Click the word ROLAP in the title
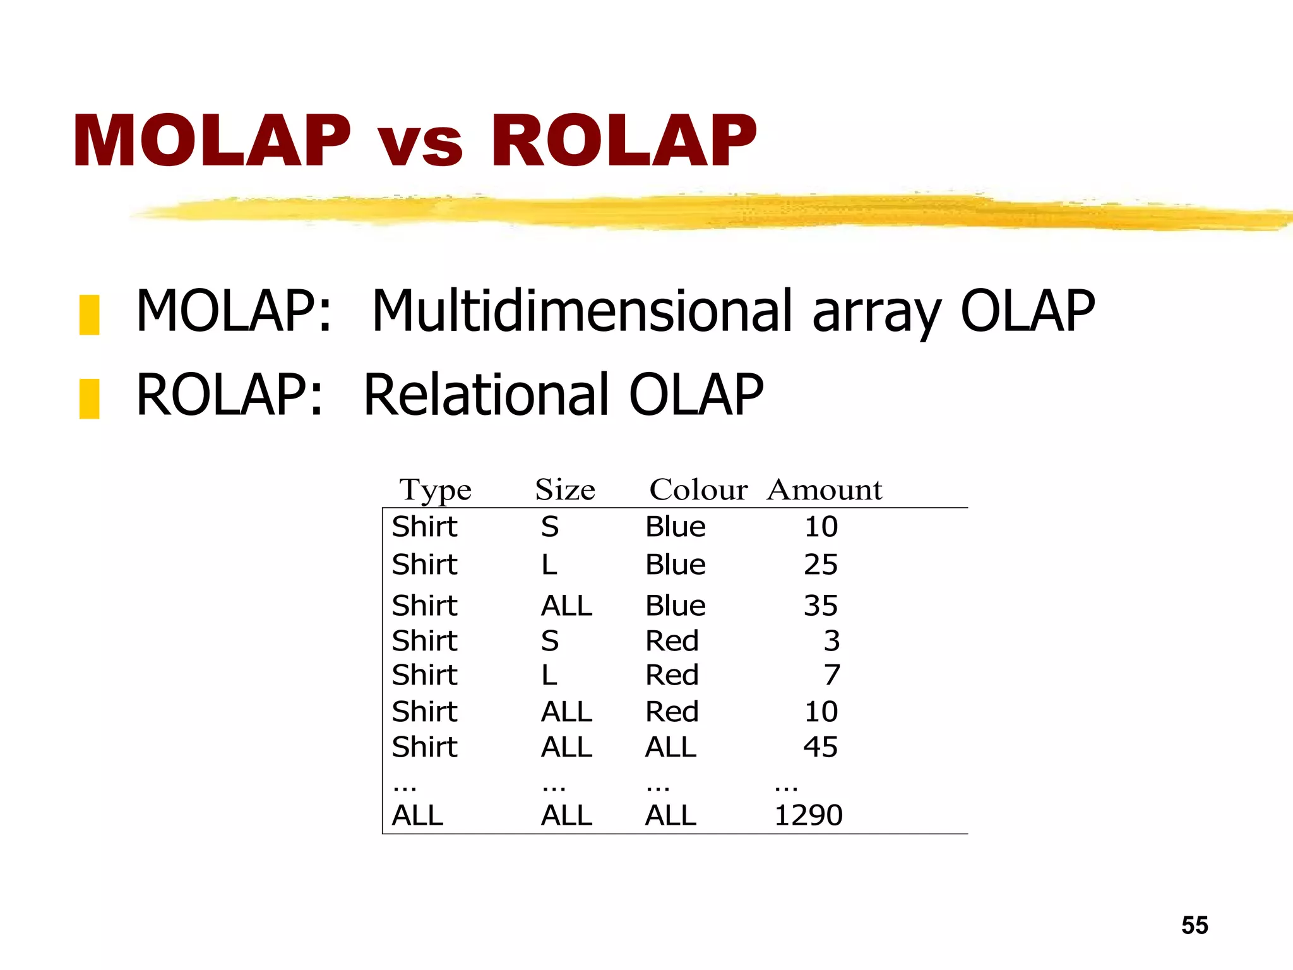click(x=624, y=141)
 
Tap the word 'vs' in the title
click(x=420, y=144)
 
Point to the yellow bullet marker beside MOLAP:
click(x=89, y=314)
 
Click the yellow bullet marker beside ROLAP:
click(x=89, y=398)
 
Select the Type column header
click(x=435, y=490)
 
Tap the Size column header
click(x=565, y=490)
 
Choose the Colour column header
click(x=698, y=490)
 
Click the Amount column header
click(x=824, y=490)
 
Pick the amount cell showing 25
click(x=820, y=565)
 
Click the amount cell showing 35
click(x=820, y=606)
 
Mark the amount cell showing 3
click(x=831, y=641)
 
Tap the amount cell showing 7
click(x=831, y=675)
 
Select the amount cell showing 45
click(x=820, y=747)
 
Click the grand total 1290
click(x=808, y=815)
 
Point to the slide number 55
click(x=1195, y=925)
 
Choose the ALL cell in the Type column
click(x=417, y=815)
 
